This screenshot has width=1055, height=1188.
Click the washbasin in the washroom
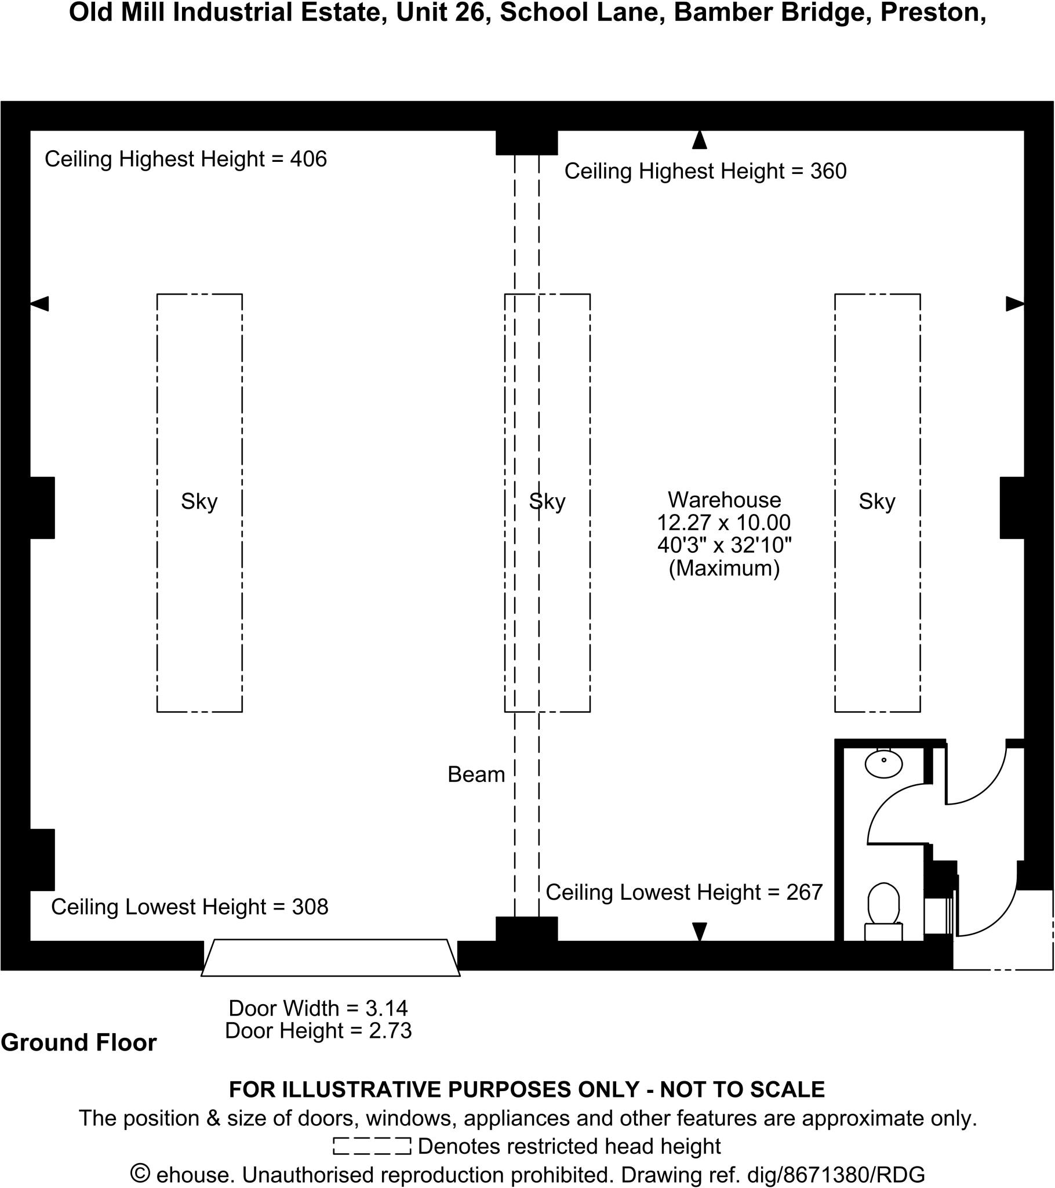pyautogui.click(x=883, y=764)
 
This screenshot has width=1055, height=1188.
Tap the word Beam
pyautogui.click(x=476, y=775)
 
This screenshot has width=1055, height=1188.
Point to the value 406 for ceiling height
pyautogui.click(x=308, y=160)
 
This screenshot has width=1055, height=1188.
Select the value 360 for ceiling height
pyautogui.click(x=828, y=172)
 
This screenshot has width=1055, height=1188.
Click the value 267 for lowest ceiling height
pyautogui.click(x=805, y=892)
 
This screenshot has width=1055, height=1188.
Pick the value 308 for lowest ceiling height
pyautogui.click(x=310, y=907)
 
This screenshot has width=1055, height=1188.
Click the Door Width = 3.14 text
pyautogui.click(x=318, y=1008)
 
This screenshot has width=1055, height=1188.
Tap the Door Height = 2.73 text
pyautogui.click(x=318, y=1030)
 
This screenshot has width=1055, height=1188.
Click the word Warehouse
pyautogui.click(x=724, y=500)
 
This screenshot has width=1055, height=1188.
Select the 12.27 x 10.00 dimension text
pyautogui.click(x=724, y=523)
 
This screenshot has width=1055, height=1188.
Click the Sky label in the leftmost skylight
pyautogui.click(x=199, y=501)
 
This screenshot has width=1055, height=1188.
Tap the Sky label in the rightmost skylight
pyautogui.click(x=877, y=501)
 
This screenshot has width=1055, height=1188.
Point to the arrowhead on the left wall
pyautogui.click(x=39, y=303)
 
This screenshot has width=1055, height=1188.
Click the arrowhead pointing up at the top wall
pyautogui.click(x=700, y=140)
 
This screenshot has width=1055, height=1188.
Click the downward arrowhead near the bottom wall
pyautogui.click(x=700, y=931)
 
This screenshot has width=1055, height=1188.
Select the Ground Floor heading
pyautogui.click(x=79, y=1043)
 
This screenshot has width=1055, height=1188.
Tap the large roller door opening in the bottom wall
pyautogui.click(x=330, y=957)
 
